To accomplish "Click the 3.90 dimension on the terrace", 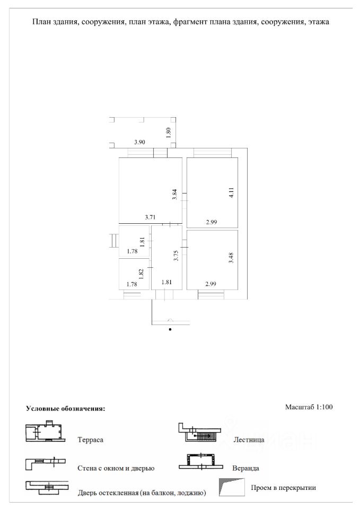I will pyautogui.click(x=139, y=142).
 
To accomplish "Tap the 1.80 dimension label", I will pyautogui.click(x=169, y=133).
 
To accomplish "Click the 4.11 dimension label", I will pyautogui.click(x=231, y=192).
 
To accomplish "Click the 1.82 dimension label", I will pyautogui.click(x=142, y=274).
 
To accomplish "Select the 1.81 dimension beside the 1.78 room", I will pyautogui.click(x=142, y=242).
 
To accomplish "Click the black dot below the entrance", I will pyautogui.click(x=170, y=329).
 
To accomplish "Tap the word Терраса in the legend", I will pyautogui.click(x=90, y=440).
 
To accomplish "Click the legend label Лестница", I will pyautogui.click(x=249, y=440).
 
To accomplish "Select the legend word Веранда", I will pyautogui.click(x=245, y=469).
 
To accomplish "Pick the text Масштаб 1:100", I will pyautogui.click(x=309, y=408).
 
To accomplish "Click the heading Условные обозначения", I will pyautogui.click(x=66, y=409).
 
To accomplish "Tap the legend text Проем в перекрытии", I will pyautogui.click(x=284, y=488).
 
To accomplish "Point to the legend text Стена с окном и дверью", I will pyautogui.click(x=116, y=469).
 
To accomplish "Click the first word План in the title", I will pyautogui.click(x=41, y=22).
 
